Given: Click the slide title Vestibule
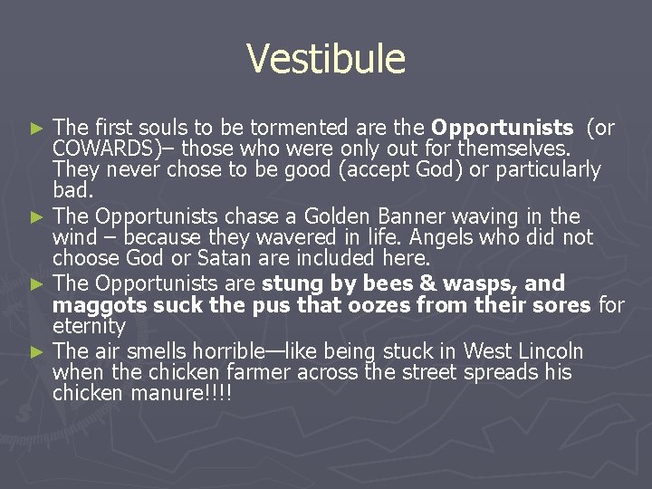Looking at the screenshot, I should [326, 60].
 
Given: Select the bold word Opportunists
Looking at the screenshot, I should [503, 128].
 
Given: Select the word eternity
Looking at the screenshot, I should [89, 325].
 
